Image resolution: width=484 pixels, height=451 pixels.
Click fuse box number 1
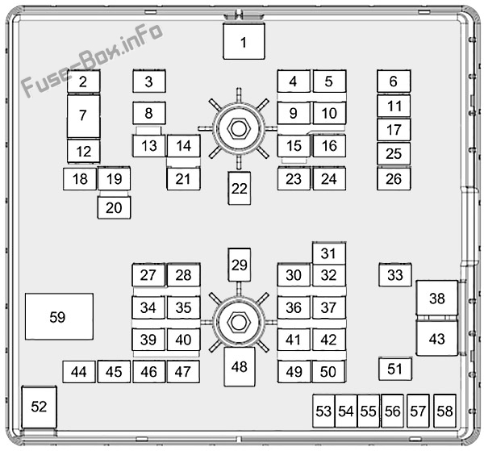pos(244,41)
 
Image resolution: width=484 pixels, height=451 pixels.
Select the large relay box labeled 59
pos(59,316)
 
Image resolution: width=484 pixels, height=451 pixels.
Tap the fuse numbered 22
pos(240,188)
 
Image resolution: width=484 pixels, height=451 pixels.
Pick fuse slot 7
pos(83,116)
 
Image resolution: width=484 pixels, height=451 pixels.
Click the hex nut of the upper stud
pos(238,129)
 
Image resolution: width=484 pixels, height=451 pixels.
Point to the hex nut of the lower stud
pos(238,323)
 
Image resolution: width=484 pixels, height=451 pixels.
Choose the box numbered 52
pos(40,407)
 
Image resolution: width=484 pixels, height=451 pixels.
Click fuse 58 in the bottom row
pos(444,411)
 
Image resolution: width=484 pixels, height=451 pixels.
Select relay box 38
pos(436,298)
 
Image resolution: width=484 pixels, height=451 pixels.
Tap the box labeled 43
pos(436,339)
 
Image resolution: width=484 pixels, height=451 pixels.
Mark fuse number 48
pos(240,367)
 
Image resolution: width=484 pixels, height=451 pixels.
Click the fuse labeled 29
pos(240,265)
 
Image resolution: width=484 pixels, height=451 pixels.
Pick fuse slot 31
pos(329,253)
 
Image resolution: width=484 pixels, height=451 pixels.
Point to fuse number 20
pos(114,207)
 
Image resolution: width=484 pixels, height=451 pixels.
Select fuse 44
pos(79,372)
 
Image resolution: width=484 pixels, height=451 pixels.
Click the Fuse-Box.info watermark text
pos(92,60)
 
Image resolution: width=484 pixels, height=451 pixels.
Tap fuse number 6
pos(394,81)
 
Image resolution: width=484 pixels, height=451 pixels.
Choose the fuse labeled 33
pos(395,275)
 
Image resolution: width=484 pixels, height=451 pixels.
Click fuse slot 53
pos(323,411)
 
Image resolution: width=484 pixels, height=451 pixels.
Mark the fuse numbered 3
pos(149,81)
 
